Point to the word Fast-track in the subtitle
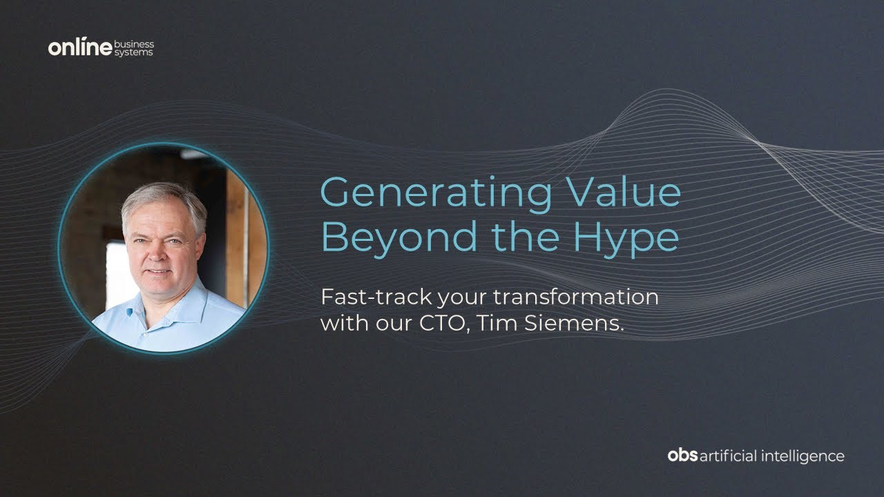pos(363,298)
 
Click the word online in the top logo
pos(79,48)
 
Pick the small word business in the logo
pos(134,43)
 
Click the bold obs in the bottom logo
pos(682,456)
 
